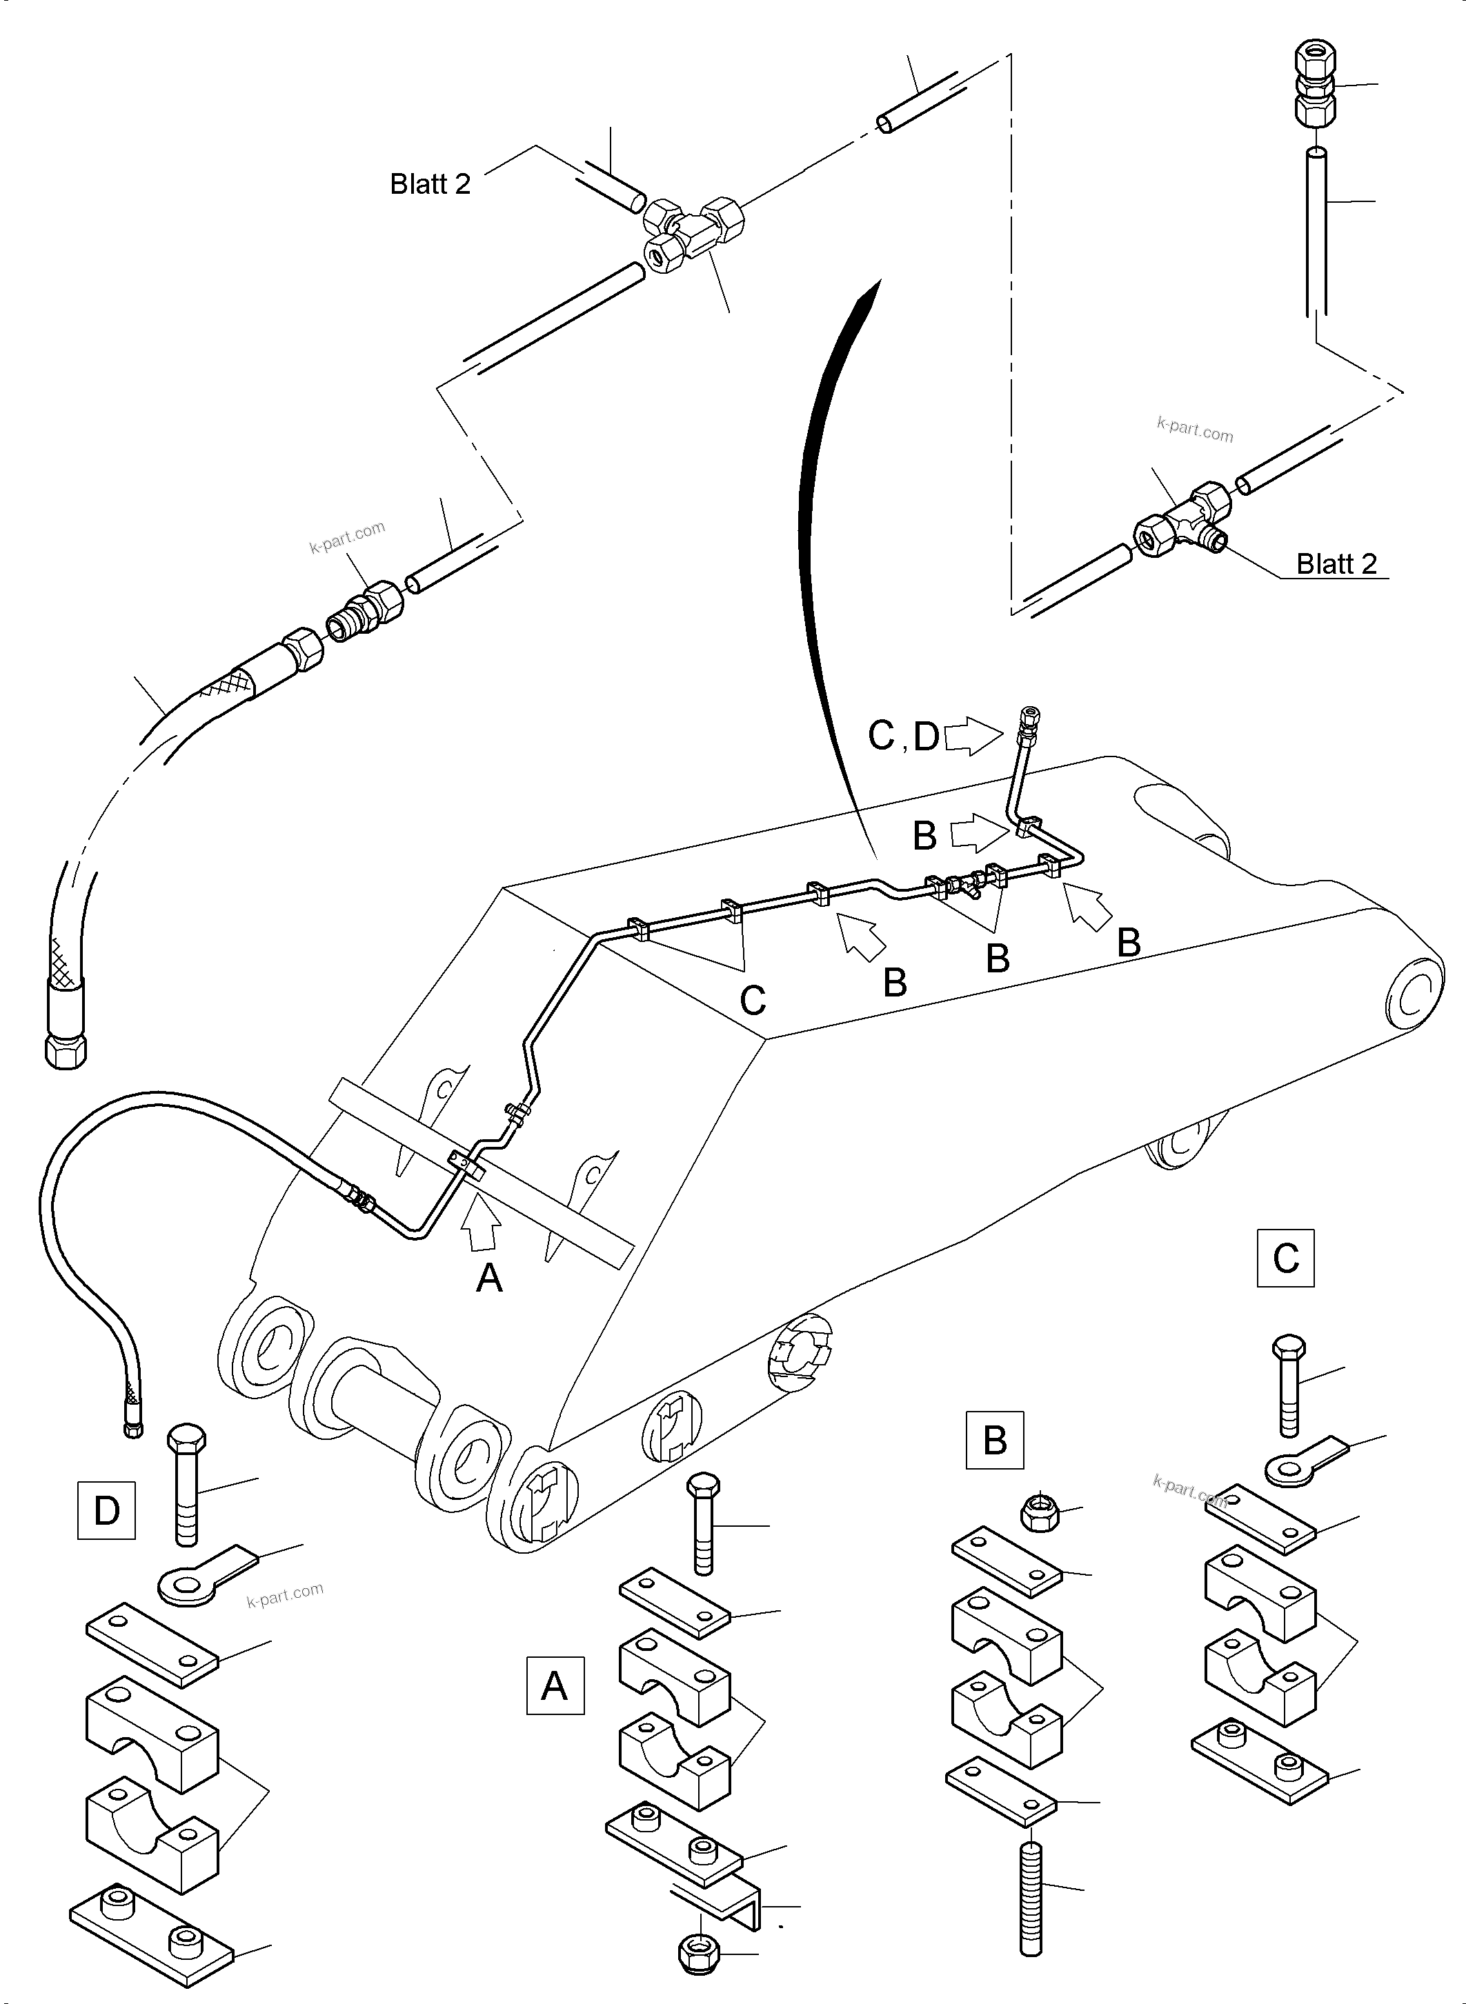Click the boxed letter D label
pyautogui.click(x=106, y=1510)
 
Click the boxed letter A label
pyautogui.click(x=555, y=1685)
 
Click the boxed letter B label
pyautogui.click(x=994, y=1440)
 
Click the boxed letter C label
pyautogui.click(x=1285, y=1258)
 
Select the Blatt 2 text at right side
pyautogui.click(x=1336, y=563)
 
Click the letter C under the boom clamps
pyautogui.click(x=753, y=1001)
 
